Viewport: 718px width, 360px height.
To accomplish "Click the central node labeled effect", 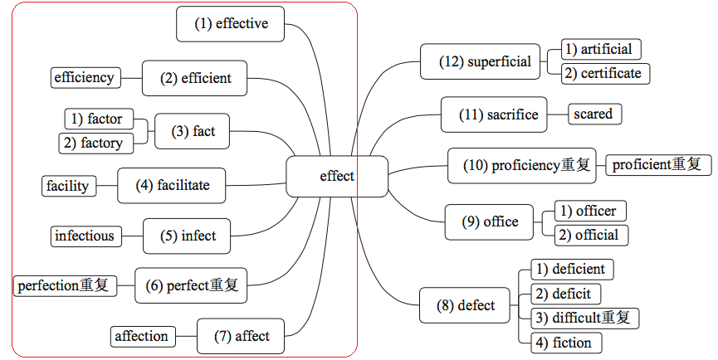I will (337, 176).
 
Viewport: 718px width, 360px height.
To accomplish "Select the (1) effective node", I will (232, 24).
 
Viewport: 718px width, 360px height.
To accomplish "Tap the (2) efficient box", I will (195, 78).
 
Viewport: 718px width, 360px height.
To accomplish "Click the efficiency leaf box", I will (84, 78).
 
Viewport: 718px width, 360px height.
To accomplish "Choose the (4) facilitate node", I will (173, 185).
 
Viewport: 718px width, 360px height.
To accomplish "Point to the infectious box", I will (85, 236).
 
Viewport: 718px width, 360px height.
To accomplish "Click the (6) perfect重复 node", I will (192, 285).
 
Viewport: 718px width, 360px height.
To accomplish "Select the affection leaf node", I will (142, 336).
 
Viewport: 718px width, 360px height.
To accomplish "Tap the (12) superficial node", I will (486, 61).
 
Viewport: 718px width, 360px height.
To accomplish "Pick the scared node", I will (593, 114).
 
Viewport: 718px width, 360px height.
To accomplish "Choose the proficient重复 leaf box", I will (657, 164).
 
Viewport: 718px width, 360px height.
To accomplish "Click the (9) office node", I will (491, 221).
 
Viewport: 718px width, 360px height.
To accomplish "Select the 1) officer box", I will (590, 211).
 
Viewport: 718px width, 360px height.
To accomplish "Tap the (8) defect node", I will (466, 305).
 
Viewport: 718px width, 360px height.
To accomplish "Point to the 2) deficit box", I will (564, 294).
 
